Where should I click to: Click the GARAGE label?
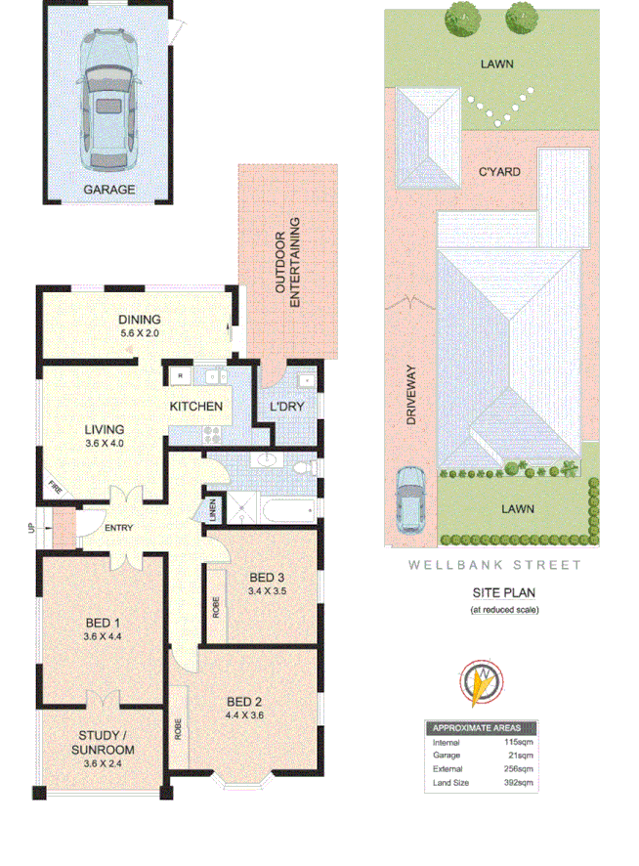pyautogui.click(x=108, y=190)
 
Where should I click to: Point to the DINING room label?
pyautogui.click(x=139, y=320)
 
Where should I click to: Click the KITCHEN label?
pyautogui.click(x=196, y=407)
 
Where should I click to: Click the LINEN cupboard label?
pyautogui.click(x=213, y=511)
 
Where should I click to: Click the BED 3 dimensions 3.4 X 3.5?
pyautogui.click(x=268, y=590)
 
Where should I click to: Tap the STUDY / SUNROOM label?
pyautogui.click(x=102, y=743)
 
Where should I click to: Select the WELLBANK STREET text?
pyautogui.click(x=494, y=565)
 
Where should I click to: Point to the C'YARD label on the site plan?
pyautogui.click(x=497, y=172)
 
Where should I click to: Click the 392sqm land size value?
pyautogui.click(x=519, y=783)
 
